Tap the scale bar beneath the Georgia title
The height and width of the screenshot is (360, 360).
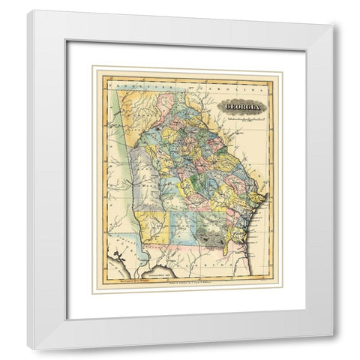click(x=243, y=118)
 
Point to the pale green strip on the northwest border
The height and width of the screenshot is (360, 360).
click(x=121, y=127)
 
